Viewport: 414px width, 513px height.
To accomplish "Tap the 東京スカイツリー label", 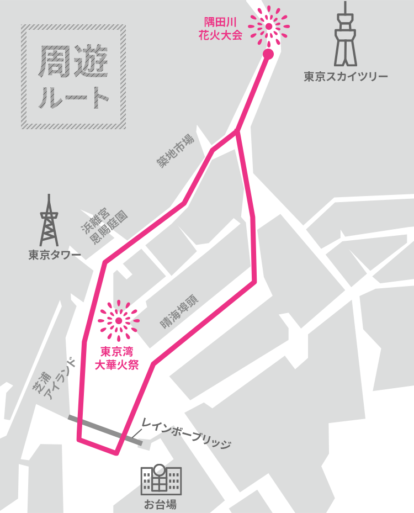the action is [346, 77].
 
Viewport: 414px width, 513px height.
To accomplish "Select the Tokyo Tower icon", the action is [49, 221].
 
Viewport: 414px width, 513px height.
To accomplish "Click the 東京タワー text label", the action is [55, 255].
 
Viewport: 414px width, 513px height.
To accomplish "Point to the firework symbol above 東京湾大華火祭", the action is [119, 321].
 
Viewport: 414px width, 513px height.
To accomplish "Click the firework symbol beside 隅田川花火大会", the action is [268, 26].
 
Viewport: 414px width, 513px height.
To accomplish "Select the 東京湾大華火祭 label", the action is [119, 357].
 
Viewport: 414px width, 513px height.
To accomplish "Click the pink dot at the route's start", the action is [268, 54].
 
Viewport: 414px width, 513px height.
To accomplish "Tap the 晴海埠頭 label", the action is [180, 311].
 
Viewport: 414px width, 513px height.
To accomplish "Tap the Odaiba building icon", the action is [161, 479].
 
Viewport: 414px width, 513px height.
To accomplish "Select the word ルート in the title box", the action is [73, 97].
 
